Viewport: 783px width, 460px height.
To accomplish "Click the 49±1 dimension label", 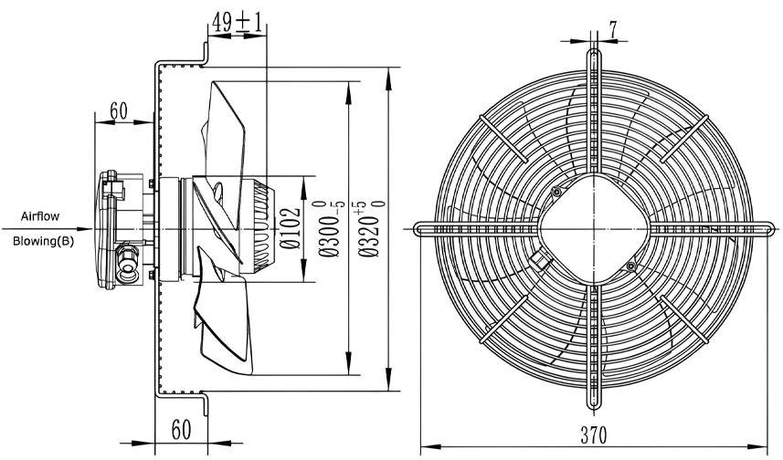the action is [x=237, y=22].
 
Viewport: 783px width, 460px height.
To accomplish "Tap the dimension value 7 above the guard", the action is [x=612, y=30].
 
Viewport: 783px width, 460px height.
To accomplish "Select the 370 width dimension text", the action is [x=593, y=435].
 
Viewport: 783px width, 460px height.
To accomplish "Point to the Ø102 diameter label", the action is [x=291, y=228].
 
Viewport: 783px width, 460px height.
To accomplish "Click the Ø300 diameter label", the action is [x=331, y=229].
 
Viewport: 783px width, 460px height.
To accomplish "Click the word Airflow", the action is [x=40, y=216].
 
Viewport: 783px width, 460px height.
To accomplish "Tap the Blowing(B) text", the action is [x=43, y=242].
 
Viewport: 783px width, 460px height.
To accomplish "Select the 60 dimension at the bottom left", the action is [x=181, y=430].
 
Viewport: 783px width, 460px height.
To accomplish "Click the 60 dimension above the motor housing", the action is [x=119, y=110].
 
